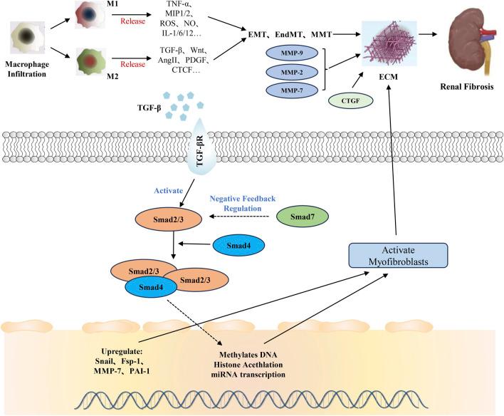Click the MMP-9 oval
click(289, 53)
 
